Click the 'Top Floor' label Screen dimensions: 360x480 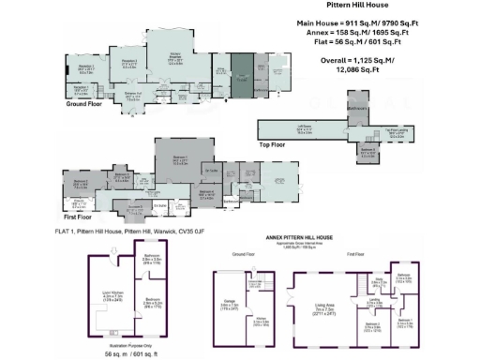tap(278, 145)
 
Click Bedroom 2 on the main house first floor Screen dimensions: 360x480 tap(82, 184)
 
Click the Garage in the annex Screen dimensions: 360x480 tap(230, 305)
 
